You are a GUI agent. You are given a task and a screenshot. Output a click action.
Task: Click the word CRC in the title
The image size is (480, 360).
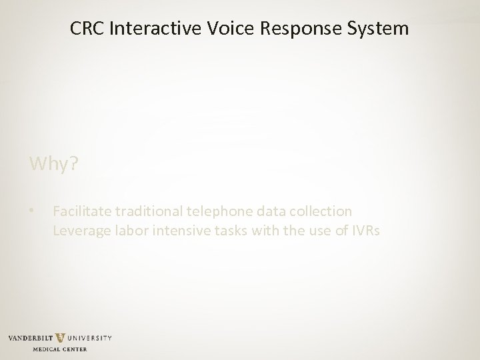click(x=85, y=29)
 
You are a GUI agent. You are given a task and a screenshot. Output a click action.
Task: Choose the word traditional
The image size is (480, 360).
click(x=148, y=212)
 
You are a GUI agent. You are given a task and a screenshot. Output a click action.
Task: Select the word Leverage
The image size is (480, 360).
click(x=79, y=231)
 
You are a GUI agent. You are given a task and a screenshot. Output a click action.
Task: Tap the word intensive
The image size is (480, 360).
click(x=175, y=231)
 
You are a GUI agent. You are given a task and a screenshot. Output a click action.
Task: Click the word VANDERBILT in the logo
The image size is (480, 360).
click(x=31, y=338)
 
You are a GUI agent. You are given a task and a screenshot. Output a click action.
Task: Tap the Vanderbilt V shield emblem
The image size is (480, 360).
click(x=61, y=339)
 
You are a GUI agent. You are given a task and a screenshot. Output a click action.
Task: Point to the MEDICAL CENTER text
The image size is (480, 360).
click(x=60, y=349)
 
